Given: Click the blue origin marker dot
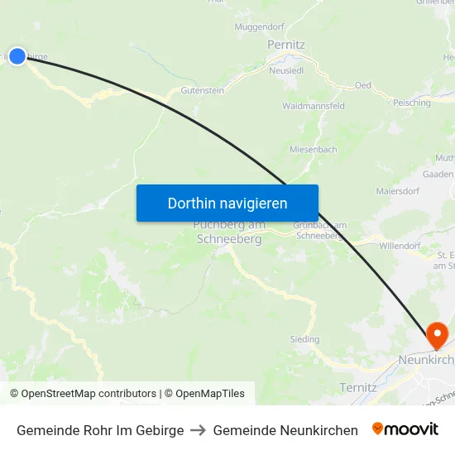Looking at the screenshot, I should click(17, 56).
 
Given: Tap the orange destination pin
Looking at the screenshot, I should click(436, 335).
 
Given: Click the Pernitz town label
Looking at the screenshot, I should click(286, 44).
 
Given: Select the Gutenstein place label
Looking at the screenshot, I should click(202, 90).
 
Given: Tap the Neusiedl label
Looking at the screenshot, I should click(286, 71).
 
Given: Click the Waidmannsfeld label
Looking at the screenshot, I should click(314, 107).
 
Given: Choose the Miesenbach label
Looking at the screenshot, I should click(314, 150).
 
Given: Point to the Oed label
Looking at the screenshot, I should click(362, 85).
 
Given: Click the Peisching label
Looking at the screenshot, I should click(412, 103).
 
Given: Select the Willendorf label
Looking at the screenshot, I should click(400, 246).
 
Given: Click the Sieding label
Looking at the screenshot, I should click(304, 339).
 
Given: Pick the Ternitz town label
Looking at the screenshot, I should click(358, 387).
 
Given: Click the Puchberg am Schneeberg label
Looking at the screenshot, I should click(228, 232).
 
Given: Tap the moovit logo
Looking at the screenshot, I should click(405, 429).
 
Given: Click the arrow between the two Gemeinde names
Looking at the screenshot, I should click(199, 430).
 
